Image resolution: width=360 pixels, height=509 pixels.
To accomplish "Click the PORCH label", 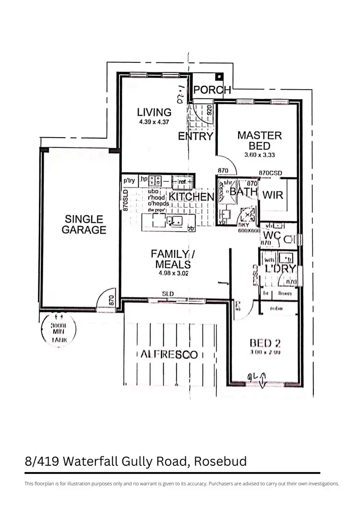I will click(212, 90).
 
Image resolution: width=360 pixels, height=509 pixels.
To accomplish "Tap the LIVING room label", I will click(154, 112).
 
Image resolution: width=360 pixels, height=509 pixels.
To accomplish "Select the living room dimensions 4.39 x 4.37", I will click(154, 122).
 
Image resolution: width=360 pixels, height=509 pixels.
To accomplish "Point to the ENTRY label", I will click(195, 136).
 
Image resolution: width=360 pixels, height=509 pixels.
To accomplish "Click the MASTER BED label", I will click(260, 141).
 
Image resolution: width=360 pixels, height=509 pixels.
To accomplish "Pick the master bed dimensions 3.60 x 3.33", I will click(260, 155).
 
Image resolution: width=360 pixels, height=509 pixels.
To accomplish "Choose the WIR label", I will click(273, 195).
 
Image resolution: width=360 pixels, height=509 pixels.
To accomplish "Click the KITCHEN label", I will click(191, 197).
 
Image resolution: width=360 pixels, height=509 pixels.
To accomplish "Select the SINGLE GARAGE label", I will click(84, 225).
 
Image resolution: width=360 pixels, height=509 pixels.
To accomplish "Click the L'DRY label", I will click(281, 269).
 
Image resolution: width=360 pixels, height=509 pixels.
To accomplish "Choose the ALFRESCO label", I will click(169, 355).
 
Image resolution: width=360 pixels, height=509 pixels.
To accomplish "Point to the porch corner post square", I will click(219, 77).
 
